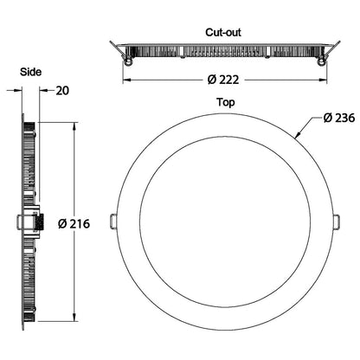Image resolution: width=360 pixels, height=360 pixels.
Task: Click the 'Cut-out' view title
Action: coord(223,32)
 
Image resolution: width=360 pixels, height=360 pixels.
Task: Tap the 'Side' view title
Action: coord(32,72)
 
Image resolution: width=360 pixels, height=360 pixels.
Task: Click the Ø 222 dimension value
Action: coord(223,80)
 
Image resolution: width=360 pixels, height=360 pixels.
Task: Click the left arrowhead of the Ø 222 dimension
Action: coord(126,80)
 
